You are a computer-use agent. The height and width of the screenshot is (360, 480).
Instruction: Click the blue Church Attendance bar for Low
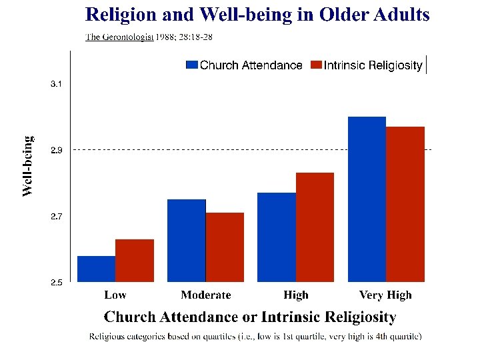(x=97, y=269)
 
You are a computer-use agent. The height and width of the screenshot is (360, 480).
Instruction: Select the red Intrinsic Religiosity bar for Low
(x=135, y=260)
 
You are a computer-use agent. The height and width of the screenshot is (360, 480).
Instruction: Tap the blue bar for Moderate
(x=187, y=240)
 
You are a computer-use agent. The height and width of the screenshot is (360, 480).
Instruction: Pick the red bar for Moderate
(x=225, y=247)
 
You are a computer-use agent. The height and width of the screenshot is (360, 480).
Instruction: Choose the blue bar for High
(x=277, y=237)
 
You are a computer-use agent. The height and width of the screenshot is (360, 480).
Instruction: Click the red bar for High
(x=315, y=227)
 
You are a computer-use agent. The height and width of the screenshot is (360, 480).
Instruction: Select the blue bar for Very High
(x=367, y=199)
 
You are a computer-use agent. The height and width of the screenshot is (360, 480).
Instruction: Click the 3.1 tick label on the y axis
(x=57, y=85)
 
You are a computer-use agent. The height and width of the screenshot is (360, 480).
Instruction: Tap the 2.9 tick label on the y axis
(x=57, y=151)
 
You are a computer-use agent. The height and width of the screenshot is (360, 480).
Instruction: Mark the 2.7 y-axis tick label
(x=57, y=217)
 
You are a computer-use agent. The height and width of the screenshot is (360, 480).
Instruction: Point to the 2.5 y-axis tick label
(x=57, y=283)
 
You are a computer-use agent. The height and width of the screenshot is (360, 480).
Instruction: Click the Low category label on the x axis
(x=115, y=295)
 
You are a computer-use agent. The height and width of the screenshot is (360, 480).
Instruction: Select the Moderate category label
(x=205, y=295)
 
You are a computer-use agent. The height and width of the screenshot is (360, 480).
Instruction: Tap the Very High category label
(x=385, y=295)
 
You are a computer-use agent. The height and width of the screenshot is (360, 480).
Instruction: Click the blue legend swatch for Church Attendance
(x=192, y=65)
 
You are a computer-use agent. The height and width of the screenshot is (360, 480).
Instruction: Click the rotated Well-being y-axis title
(x=28, y=167)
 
